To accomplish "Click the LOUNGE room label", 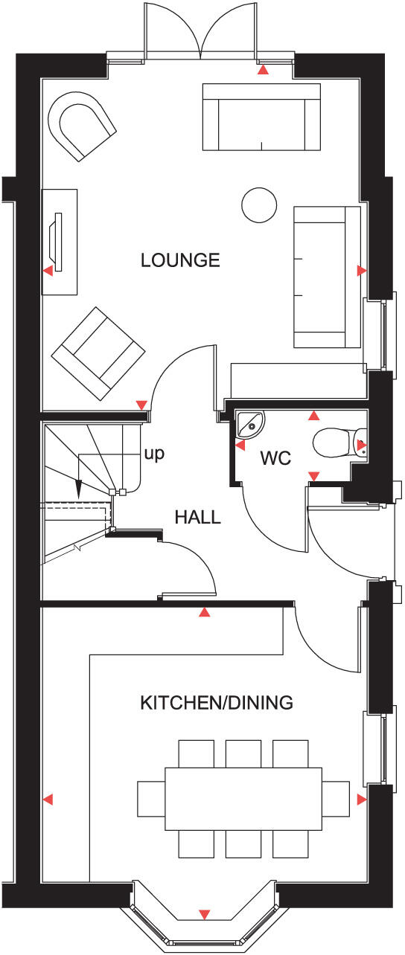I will (x=180, y=260).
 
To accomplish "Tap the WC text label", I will (x=275, y=459).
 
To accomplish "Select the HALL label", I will (x=197, y=517).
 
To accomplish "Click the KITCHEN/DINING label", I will (x=217, y=702).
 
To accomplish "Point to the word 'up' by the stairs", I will (x=154, y=452).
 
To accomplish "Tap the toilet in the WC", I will (x=337, y=443).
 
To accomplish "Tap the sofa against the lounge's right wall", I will (x=327, y=277).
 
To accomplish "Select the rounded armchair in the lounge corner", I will (x=81, y=124).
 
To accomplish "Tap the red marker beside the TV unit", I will (x=48, y=271).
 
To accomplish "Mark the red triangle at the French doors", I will (x=263, y=71).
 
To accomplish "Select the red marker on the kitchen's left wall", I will (x=48, y=800).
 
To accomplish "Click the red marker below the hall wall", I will (x=205, y=613).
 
